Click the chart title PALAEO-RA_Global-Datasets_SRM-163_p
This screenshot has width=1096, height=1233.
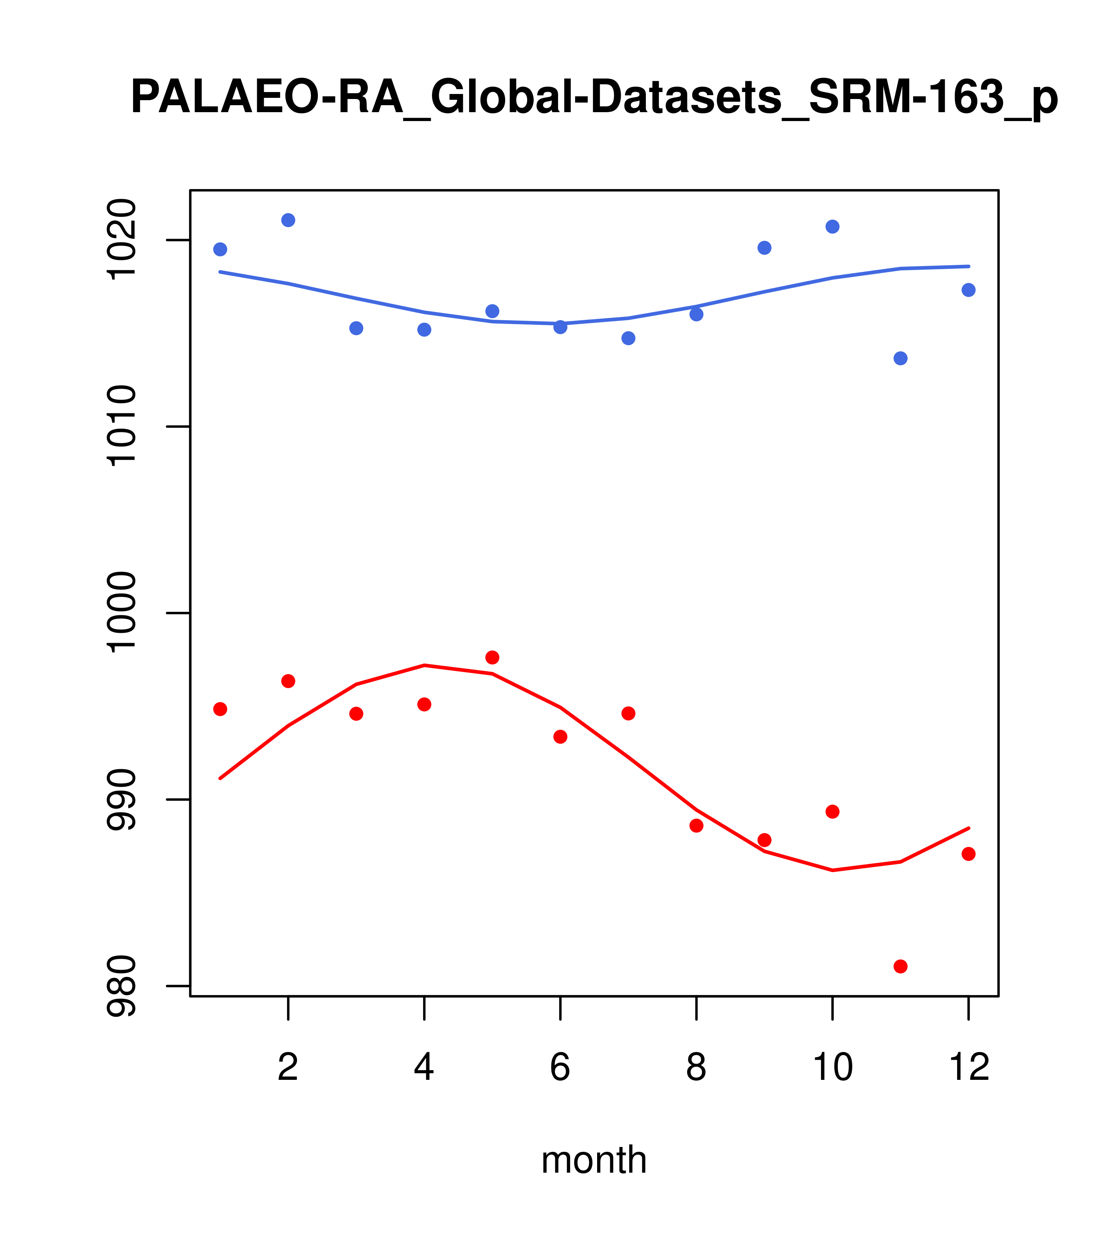[x=594, y=98]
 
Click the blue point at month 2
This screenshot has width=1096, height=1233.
[x=289, y=220]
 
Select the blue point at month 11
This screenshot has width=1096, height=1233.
[x=901, y=358]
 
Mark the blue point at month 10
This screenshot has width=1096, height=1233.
[x=832, y=227]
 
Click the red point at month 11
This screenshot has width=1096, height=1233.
[x=901, y=967]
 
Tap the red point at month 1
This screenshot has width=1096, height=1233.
[x=220, y=709]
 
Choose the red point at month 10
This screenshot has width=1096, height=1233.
[x=832, y=811]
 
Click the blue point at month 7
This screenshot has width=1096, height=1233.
[x=628, y=338]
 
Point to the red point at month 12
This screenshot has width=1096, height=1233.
[x=969, y=854]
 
